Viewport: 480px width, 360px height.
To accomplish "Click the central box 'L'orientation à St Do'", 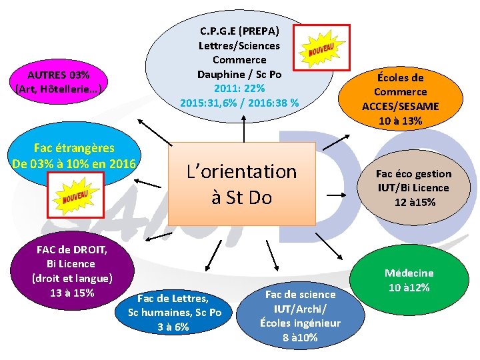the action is click(241, 184).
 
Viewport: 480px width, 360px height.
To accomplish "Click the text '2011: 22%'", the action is click(239, 88).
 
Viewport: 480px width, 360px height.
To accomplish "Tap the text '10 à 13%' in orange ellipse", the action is click(400, 121).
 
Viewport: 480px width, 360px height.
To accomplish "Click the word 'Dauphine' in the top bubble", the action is click(219, 74).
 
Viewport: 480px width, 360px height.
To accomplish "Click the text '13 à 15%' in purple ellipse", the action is click(71, 293).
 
